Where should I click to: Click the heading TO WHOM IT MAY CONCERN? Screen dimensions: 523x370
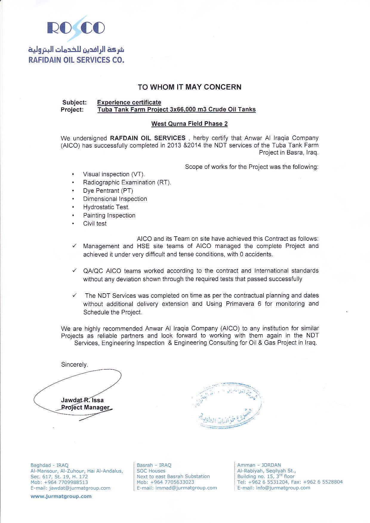click(x=189, y=87)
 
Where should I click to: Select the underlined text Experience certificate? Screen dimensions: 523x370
click(x=129, y=102)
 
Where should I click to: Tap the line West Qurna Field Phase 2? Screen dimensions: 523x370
click(x=189, y=124)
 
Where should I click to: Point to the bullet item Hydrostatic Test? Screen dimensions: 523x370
click(x=106, y=207)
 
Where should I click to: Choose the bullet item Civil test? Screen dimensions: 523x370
click(x=95, y=223)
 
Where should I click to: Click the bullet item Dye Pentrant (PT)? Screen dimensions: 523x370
click(x=108, y=191)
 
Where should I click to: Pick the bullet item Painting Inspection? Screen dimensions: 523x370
click(x=109, y=215)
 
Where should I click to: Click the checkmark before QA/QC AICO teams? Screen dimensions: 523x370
click(x=75, y=271)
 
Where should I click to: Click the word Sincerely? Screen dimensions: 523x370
click(x=74, y=365)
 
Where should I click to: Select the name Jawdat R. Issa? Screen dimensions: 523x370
click(x=82, y=400)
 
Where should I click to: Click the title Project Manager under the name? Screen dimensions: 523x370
click(x=85, y=408)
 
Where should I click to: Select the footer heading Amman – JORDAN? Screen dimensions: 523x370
click(x=259, y=465)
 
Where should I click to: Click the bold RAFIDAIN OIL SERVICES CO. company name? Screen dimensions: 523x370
click(x=76, y=60)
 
